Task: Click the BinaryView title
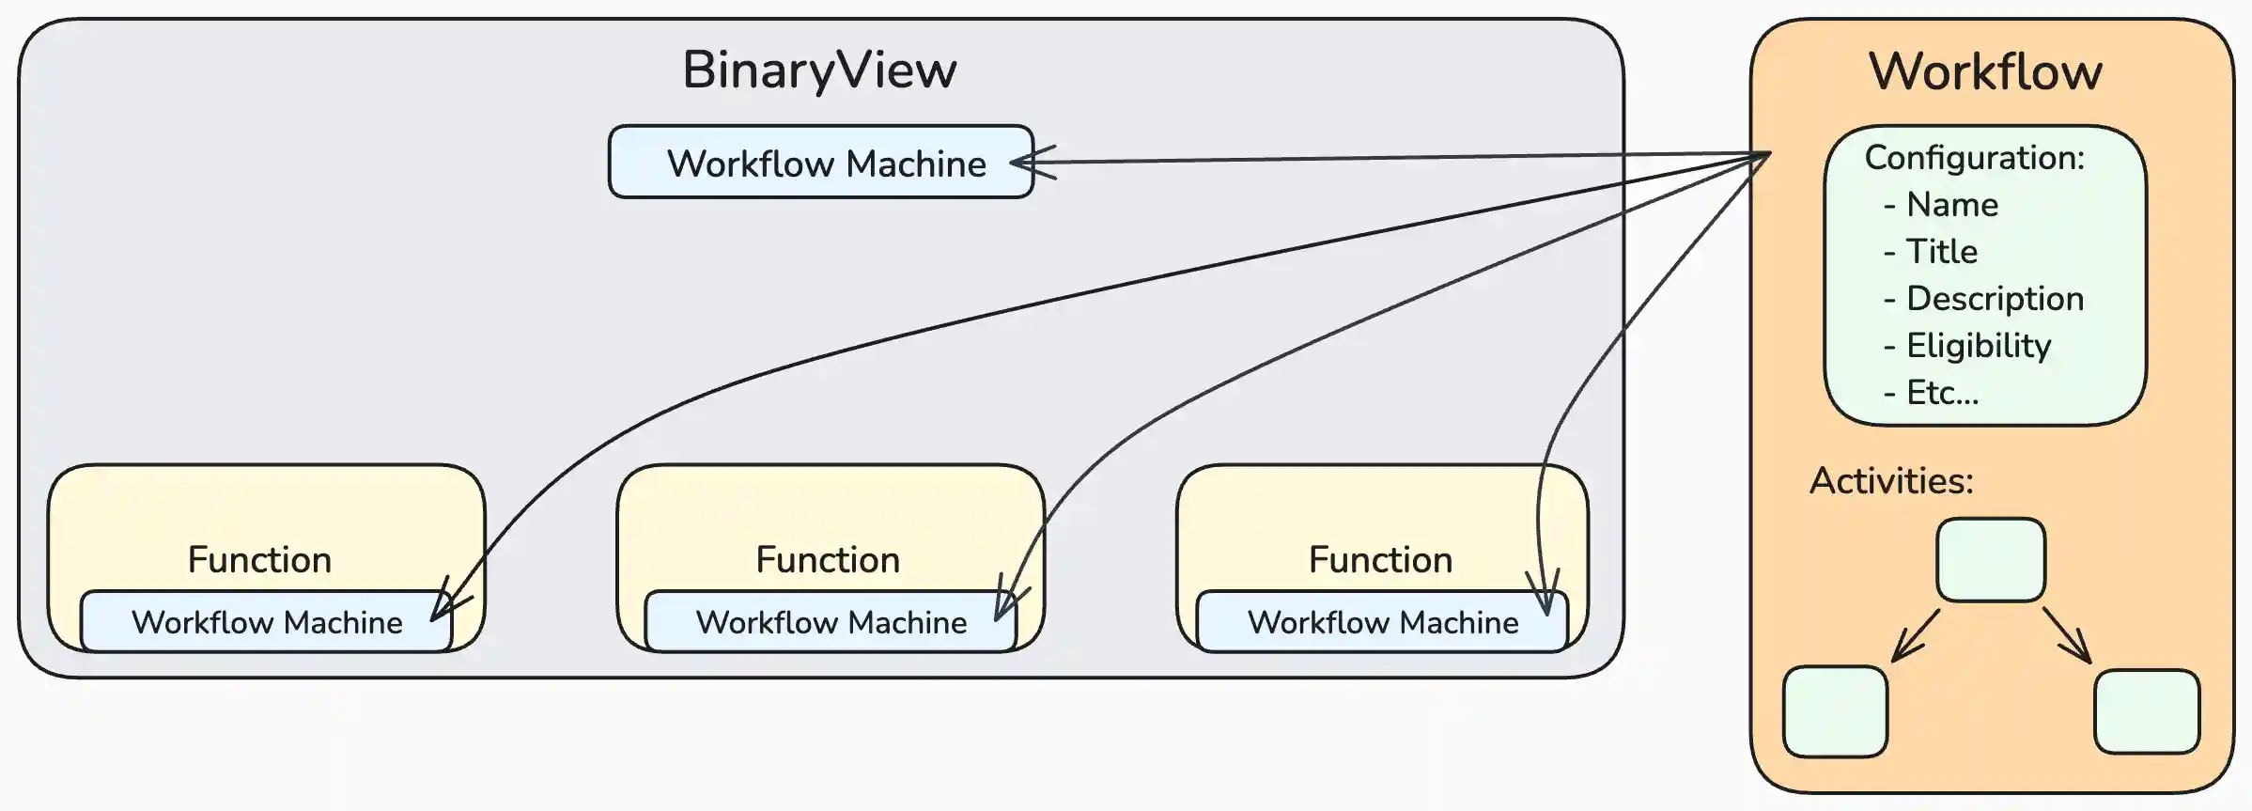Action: click(x=819, y=70)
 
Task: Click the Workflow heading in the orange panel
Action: click(x=1985, y=72)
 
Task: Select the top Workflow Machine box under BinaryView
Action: click(x=820, y=163)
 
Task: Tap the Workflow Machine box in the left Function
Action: click(x=266, y=622)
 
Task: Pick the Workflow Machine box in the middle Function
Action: click(x=831, y=622)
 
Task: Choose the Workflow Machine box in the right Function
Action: click(x=1382, y=622)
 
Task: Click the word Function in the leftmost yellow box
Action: click(x=259, y=560)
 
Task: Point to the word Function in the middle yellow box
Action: click(x=828, y=560)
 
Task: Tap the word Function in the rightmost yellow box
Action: click(x=1380, y=560)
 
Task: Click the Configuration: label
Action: click(x=1974, y=158)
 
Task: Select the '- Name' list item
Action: click(x=1941, y=205)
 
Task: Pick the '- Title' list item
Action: click(x=1931, y=252)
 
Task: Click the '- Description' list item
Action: click(x=1983, y=299)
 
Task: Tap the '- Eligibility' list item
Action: click(x=1967, y=346)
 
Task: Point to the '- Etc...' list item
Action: click(x=1931, y=393)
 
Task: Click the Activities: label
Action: click(x=1891, y=481)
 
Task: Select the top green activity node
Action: click(x=1991, y=560)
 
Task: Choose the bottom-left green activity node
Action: click(x=1835, y=711)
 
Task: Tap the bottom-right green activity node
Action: click(x=2147, y=711)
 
